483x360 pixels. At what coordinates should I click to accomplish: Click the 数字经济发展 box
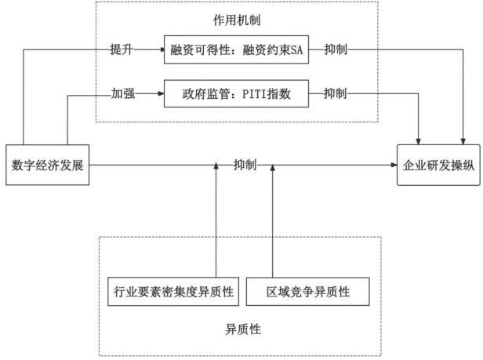click(47, 165)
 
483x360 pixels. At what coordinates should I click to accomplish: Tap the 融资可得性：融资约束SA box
click(234, 50)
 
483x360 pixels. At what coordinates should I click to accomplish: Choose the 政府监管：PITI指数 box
click(234, 95)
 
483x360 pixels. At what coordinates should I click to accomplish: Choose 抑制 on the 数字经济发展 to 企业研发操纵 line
click(244, 165)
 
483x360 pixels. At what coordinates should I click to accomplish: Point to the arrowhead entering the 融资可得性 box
click(161, 50)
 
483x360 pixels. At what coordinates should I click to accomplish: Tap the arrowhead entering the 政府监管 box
click(161, 95)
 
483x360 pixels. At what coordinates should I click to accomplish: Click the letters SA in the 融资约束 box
click(295, 50)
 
